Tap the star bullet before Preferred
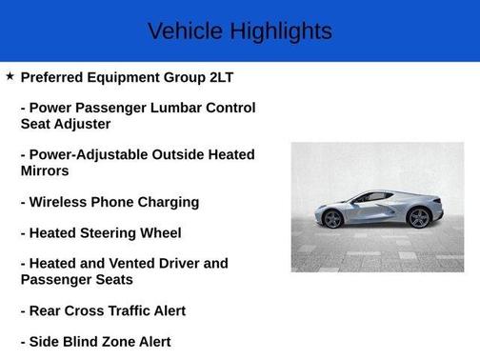[x=10, y=75]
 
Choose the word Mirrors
[x=45, y=171]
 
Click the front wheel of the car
[x=332, y=218]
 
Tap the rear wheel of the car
[x=417, y=217]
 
